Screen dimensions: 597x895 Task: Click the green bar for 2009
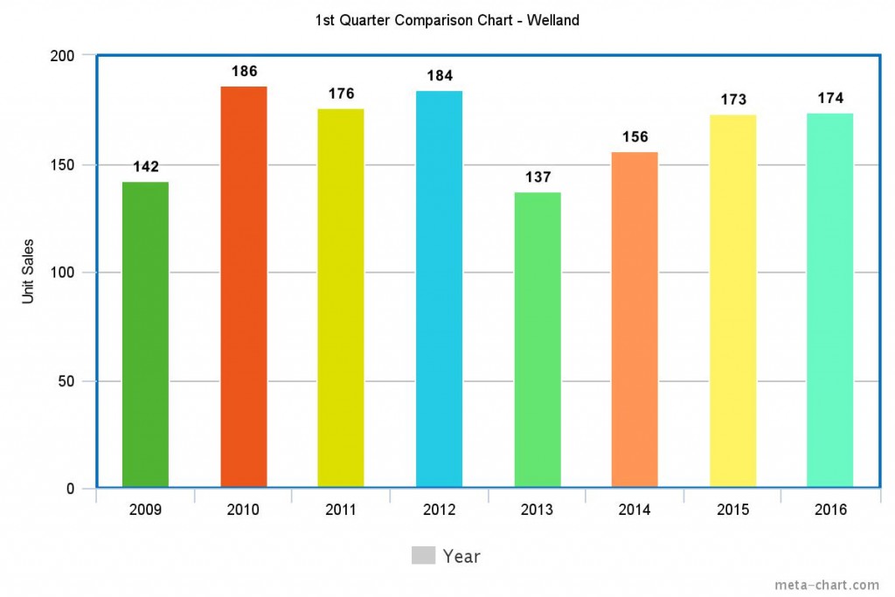coord(145,334)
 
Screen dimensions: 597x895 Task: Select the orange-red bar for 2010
coord(243,287)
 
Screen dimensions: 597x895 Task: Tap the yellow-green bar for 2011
coord(341,297)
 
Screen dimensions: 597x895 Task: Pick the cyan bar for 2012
coord(439,288)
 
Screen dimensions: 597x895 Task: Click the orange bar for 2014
coord(635,319)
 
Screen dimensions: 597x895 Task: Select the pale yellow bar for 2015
coord(732,301)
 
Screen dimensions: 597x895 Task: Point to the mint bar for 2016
coord(829,300)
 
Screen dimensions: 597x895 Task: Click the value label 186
coord(244,72)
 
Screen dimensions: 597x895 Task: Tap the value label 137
coord(538,177)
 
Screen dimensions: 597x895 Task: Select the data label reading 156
coord(635,137)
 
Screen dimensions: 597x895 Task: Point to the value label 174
coord(830,98)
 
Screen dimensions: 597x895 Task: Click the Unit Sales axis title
coord(28,272)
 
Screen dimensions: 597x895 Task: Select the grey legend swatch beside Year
coord(423,555)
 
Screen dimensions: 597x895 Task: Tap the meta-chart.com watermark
coord(827,585)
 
